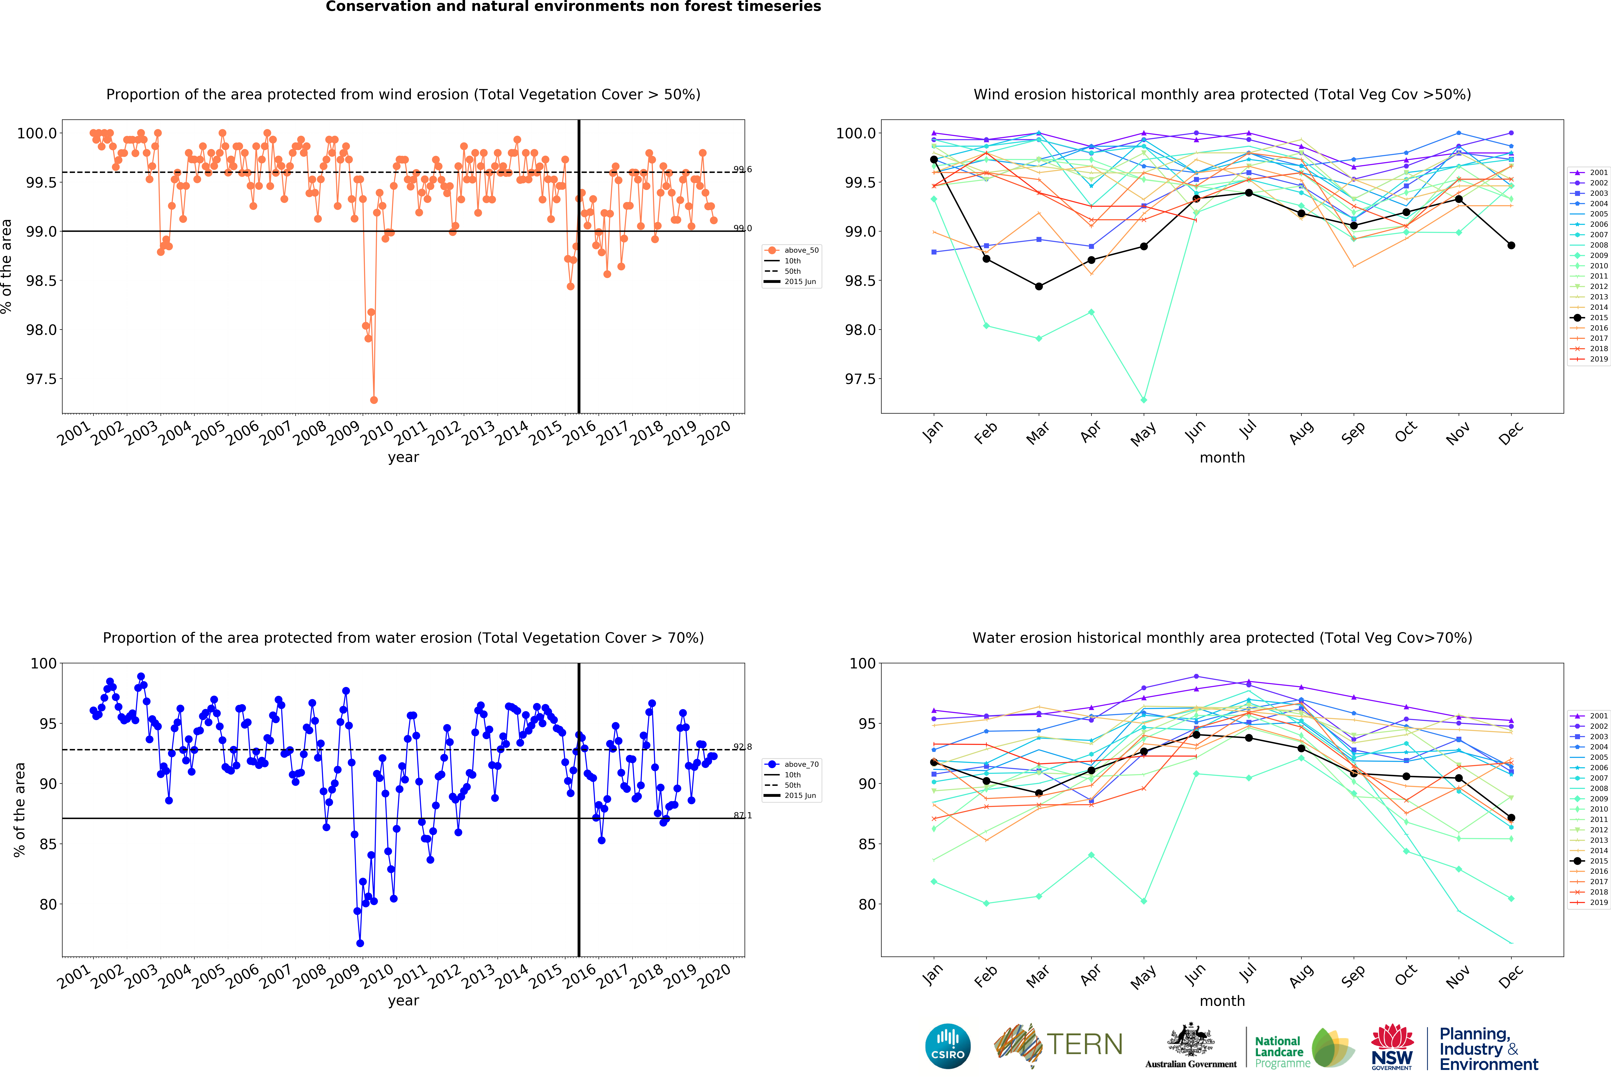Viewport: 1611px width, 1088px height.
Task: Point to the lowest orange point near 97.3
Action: (x=374, y=400)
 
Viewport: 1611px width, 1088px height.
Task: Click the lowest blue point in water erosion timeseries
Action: (x=360, y=943)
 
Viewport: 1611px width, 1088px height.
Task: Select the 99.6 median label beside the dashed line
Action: (x=742, y=169)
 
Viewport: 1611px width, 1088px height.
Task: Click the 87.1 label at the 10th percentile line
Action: (x=742, y=816)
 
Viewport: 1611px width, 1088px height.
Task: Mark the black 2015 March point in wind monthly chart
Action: (x=1038, y=286)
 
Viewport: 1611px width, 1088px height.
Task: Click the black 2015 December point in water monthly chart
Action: (x=1511, y=818)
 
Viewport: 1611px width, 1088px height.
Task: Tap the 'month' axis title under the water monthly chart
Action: (x=1222, y=1001)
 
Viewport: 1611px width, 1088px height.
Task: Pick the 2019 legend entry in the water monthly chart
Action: (x=1594, y=902)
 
